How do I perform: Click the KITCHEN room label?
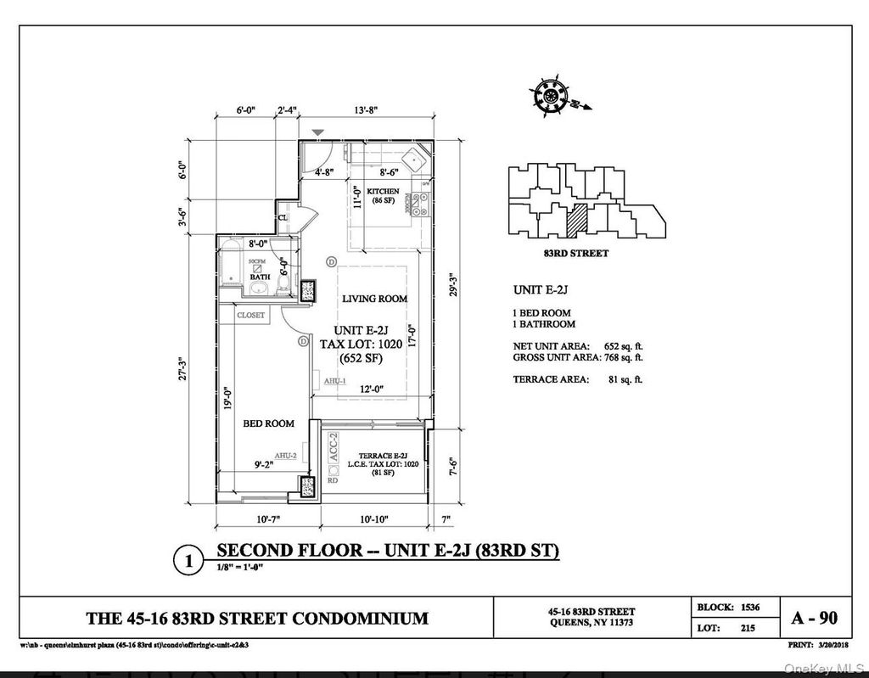coord(383,192)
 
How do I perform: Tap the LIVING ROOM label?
coord(374,299)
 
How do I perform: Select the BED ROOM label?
coord(268,423)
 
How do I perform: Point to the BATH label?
coord(260,277)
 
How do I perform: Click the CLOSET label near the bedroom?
coord(250,315)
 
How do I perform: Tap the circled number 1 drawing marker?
coord(188,561)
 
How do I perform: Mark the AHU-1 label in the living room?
coord(333,382)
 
